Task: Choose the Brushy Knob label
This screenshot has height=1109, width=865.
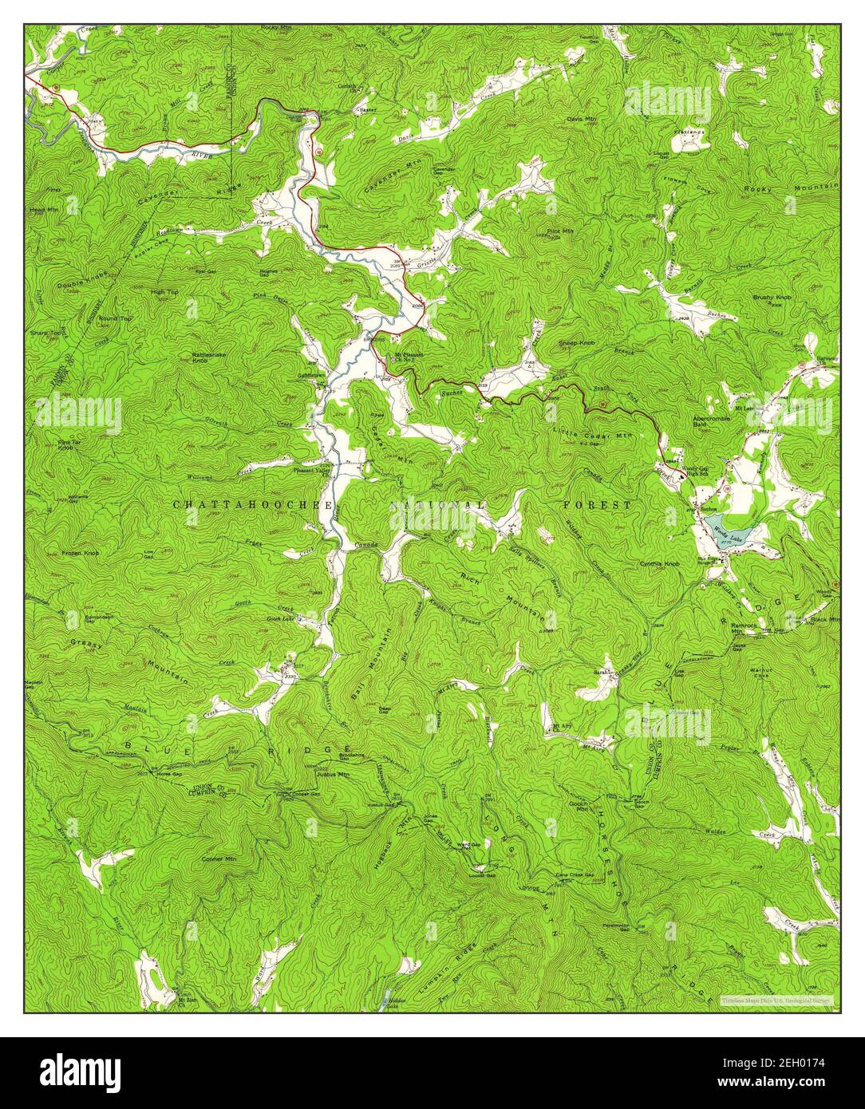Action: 770,298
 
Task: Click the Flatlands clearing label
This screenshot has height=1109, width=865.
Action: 688,132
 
